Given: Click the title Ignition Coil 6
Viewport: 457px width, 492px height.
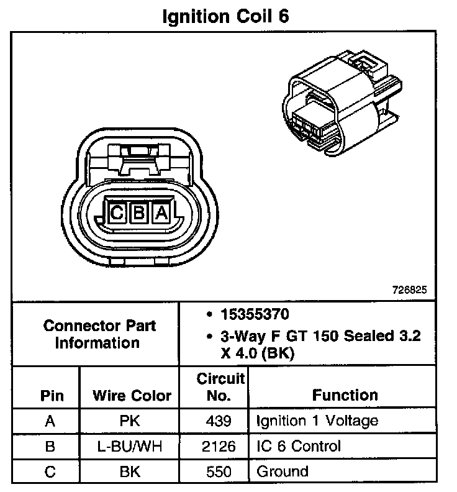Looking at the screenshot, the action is click(225, 16).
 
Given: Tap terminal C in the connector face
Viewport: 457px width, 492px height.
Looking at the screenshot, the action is click(117, 213).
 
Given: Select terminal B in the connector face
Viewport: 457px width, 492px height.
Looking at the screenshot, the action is click(138, 213).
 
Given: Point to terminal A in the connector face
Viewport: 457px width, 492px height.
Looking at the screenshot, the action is click(161, 213).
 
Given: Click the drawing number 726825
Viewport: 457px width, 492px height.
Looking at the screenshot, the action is click(409, 290).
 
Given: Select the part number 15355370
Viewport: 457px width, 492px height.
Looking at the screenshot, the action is click(255, 314).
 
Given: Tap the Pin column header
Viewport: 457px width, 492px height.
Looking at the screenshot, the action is click(51, 396).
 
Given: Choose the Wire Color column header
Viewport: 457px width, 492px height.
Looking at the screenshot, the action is click(132, 396).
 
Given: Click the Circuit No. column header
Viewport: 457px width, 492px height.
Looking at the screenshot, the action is click(221, 386).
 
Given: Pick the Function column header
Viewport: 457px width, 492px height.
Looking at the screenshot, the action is click(345, 395).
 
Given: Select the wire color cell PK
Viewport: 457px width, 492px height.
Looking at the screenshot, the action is click(131, 421).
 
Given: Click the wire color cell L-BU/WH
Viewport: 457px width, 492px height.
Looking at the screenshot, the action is click(131, 446).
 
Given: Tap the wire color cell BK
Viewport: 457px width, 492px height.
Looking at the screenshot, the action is click(131, 471).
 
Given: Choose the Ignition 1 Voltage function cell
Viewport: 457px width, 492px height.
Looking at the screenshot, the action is click(317, 421).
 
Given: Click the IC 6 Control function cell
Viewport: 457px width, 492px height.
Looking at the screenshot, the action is click(299, 446).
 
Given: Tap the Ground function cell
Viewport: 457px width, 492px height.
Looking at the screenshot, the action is click(283, 471).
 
